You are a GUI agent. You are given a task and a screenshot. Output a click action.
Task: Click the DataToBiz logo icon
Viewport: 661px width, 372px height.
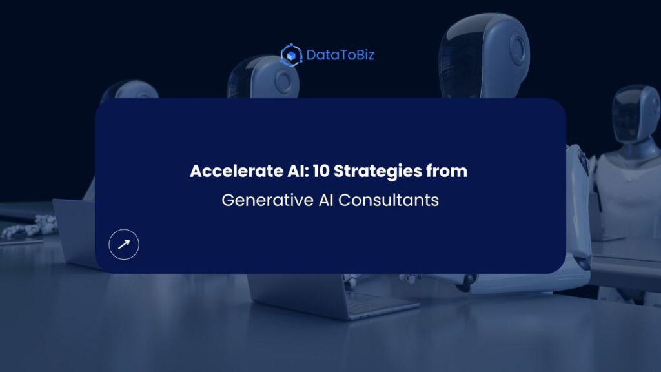(292, 55)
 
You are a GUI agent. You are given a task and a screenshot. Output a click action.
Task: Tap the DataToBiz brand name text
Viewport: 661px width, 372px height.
(340, 55)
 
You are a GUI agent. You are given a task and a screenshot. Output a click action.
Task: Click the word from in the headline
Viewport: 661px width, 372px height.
(449, 172)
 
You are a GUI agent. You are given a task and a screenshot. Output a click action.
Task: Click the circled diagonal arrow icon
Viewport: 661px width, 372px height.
(124, 244)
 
